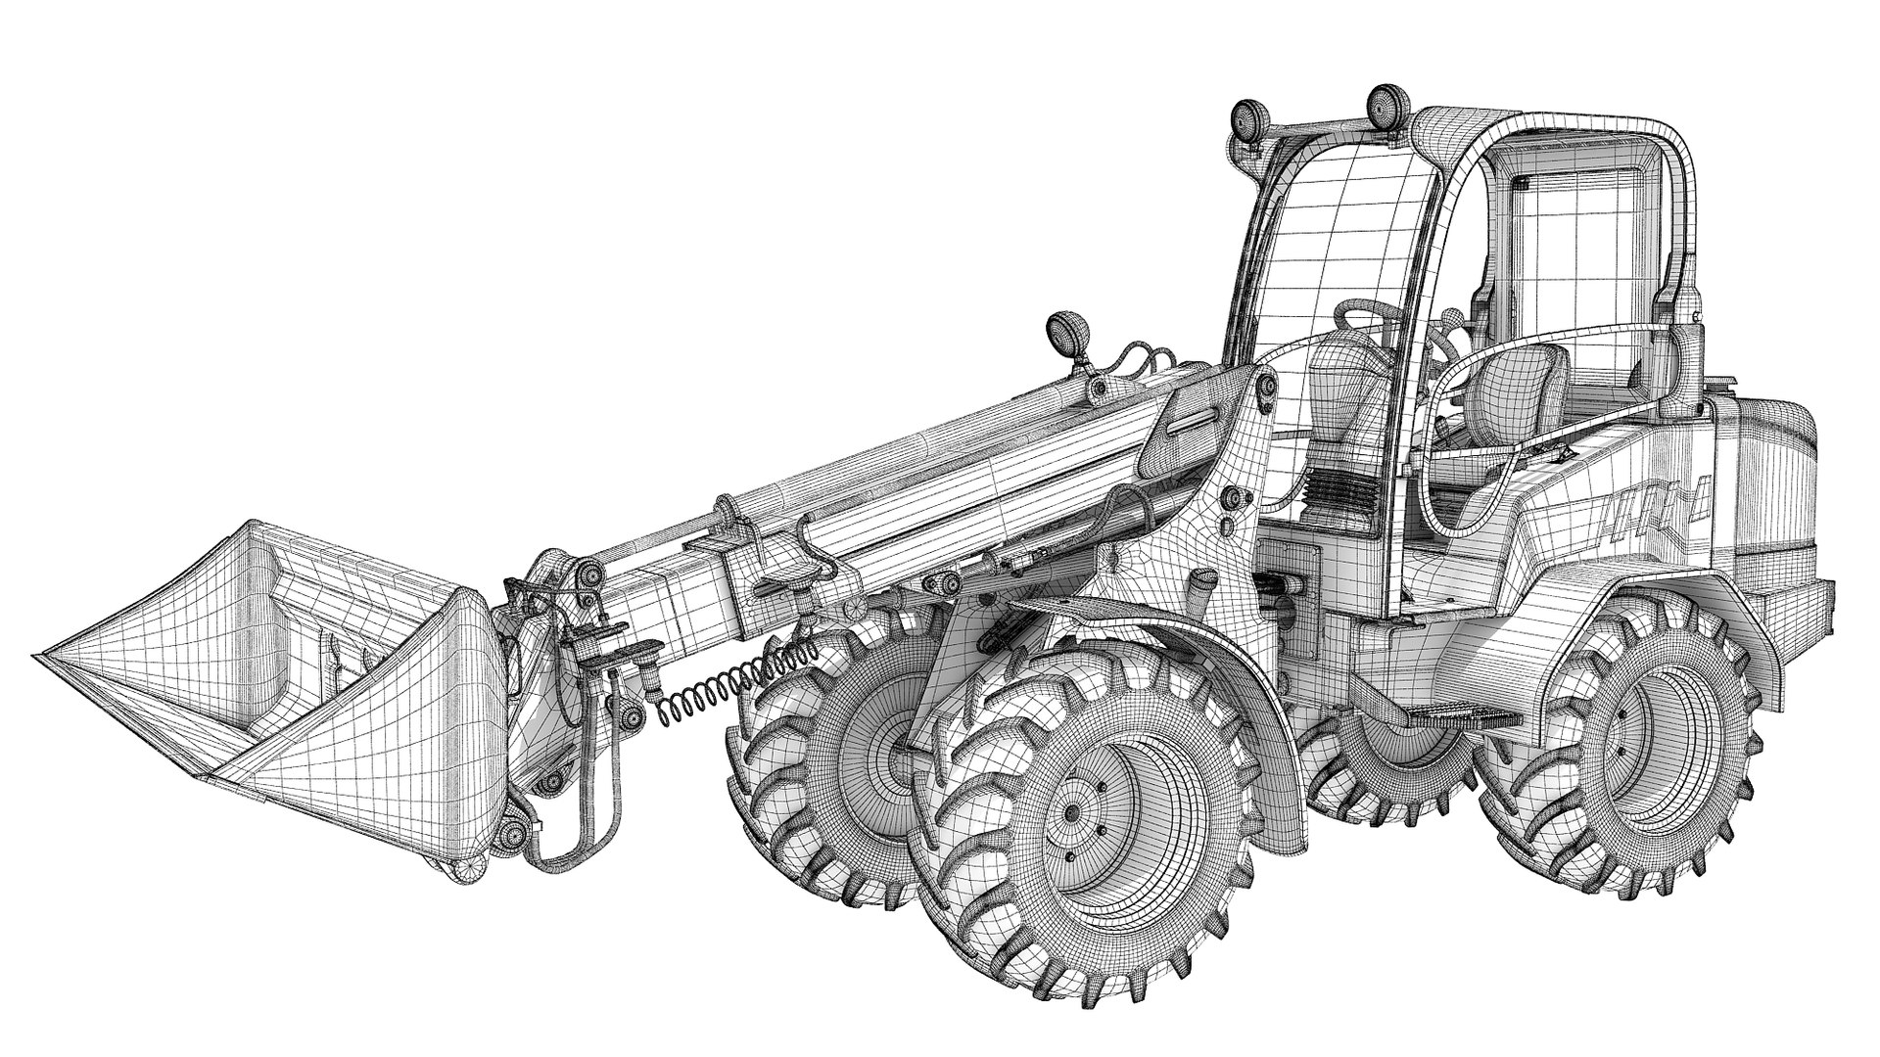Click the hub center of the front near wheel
tap(1072, 812)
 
